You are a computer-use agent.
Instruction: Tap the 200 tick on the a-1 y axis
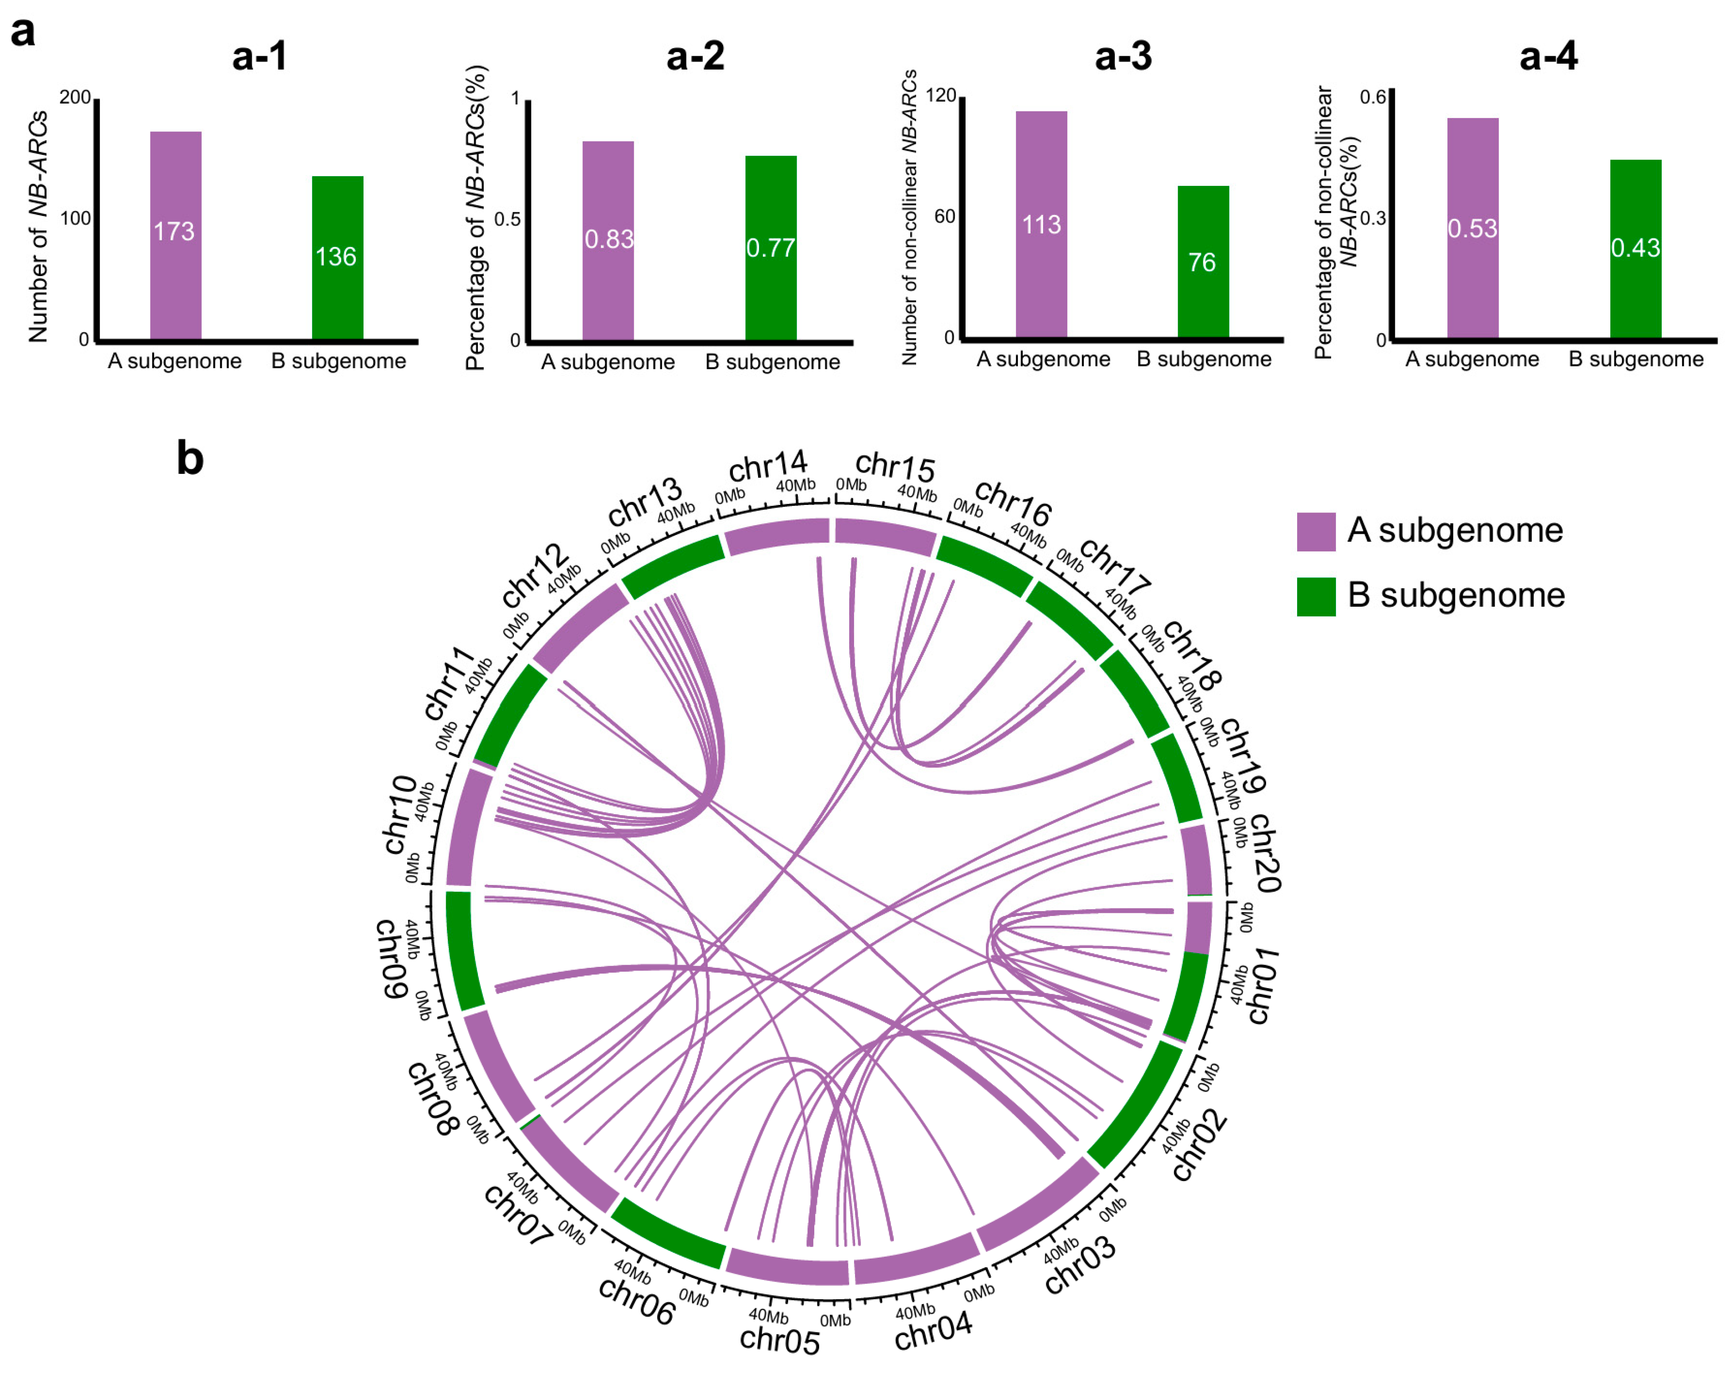(75, 98)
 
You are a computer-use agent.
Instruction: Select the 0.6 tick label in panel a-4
(1372, 98)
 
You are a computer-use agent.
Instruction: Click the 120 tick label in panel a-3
(941, 96)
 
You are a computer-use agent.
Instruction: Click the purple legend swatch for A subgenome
(1315, 531)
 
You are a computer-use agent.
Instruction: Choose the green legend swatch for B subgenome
(1315, 596)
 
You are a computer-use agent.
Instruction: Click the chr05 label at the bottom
(779, 1339)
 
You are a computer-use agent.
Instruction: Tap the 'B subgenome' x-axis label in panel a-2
(772, 362)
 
